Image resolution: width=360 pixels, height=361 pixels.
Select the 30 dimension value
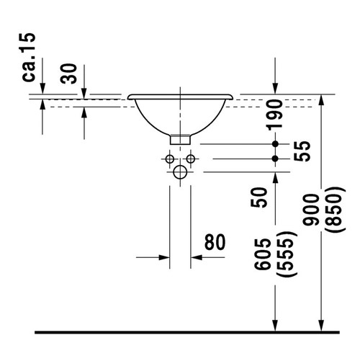(69, 72)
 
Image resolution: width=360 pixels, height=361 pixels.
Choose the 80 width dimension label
(215, 242)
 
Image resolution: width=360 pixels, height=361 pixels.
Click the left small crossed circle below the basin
(169, 158)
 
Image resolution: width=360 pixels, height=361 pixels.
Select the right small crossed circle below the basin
(191, 158)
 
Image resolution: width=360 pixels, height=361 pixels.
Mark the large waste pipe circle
(180, 172)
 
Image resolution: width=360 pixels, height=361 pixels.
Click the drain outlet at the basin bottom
(180, 136)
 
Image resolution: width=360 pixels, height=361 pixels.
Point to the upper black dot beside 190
(275, 144)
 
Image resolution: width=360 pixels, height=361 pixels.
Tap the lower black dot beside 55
(275, 158)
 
